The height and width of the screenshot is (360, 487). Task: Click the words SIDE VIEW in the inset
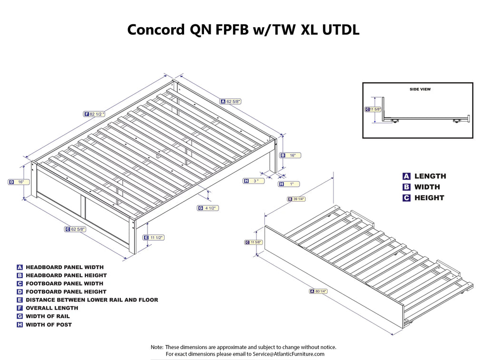point(420,89)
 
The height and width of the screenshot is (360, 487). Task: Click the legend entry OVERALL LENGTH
point(52,308)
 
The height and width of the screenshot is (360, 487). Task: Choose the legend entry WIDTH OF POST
point(49,324)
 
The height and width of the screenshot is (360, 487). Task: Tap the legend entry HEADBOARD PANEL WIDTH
point(64,267)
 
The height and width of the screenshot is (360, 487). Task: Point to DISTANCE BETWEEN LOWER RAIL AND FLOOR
point(92,300)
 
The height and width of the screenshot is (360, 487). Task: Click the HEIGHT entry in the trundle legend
point(429,198)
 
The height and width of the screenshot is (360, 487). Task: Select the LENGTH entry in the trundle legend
point(430,176)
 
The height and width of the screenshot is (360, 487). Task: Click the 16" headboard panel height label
point(292,155)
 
